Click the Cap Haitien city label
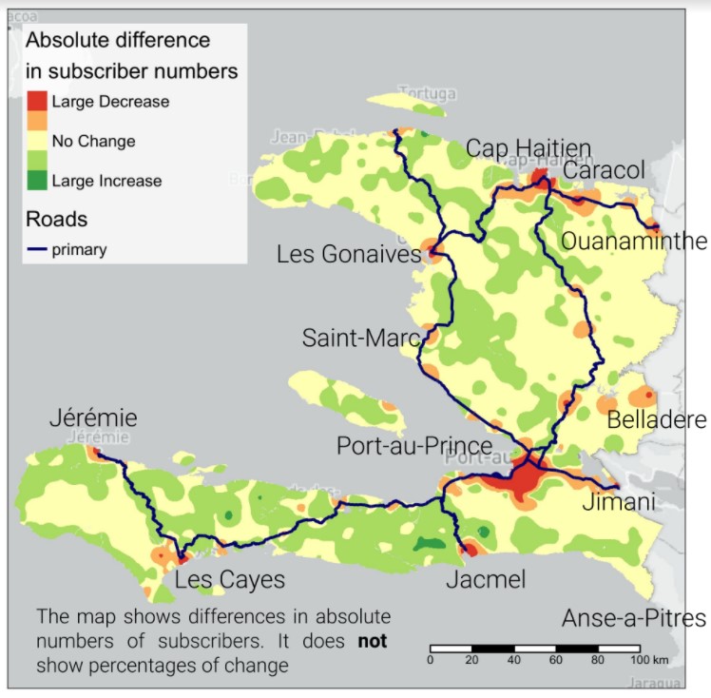point(528,148)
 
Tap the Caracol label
point(605,170)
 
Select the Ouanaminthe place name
point(634,241)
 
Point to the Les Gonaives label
point(349,255)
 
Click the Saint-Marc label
point(362,338)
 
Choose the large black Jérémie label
point(94,417)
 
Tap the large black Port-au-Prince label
point(414,446)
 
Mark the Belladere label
point(657,420)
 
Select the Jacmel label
point(486,579)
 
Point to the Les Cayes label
point(229,579)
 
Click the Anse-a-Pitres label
point(634,618)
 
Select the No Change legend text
point(93,141)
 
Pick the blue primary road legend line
point(36,251)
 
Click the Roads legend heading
point(56,219)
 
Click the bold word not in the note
point(372,641)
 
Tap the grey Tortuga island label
point(427,94)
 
